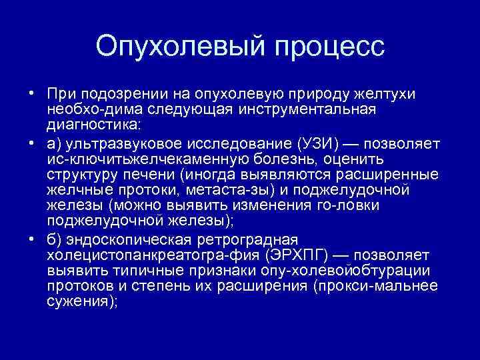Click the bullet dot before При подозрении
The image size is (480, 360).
coord(31,93)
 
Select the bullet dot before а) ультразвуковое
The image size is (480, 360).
coord(31,143)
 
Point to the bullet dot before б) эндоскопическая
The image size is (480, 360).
coord(31,239)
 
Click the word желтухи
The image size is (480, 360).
coord(385,93)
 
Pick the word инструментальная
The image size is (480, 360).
coord(308,109)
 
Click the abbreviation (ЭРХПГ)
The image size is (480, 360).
coord(308,255)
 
